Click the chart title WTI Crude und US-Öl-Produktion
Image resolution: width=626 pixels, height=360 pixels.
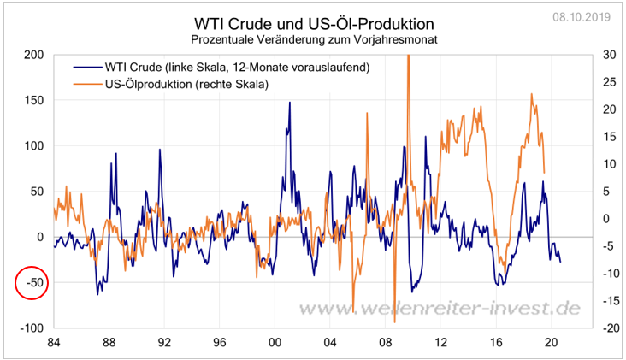(314, 22)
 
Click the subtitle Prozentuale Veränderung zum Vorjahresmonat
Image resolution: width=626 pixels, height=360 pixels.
(313, 39)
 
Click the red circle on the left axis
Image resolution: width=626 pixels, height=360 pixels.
(32, 283)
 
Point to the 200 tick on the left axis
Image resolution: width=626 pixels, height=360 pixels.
(33, 54)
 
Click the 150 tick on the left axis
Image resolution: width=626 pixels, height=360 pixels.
(33, 100)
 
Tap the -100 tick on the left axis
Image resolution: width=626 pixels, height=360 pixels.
(32, 328)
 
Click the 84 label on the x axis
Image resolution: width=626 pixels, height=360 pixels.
(53, 344)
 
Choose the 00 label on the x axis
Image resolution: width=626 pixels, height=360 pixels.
(275, 344)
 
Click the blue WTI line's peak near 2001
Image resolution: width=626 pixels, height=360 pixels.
(289, 103)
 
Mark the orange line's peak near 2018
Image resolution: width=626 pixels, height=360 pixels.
(532, 94)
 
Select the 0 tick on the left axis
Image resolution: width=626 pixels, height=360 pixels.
(39, 237)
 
